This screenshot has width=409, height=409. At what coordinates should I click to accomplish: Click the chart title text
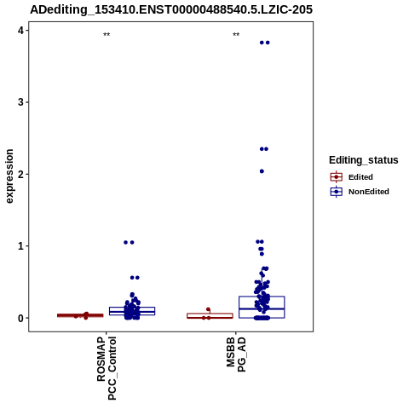[171, 9]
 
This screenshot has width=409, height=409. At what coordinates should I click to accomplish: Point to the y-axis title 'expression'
[9, 176]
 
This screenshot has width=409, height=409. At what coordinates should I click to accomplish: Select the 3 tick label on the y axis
[20, 102]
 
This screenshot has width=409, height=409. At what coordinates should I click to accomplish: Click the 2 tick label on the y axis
[20, 174]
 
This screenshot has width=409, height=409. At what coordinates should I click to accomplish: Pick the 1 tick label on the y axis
[20, 246]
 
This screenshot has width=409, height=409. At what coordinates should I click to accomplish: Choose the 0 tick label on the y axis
[20, 318]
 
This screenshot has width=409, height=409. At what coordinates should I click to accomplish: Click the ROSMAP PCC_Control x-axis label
[107, 368]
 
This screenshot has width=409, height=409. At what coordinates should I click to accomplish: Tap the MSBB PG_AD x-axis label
[236, 354]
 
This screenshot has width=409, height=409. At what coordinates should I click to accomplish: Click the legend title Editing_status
[363, 160]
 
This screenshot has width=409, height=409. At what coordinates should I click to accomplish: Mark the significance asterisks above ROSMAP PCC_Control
[107, 35]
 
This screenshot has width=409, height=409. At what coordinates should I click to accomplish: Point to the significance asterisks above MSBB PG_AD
[236, 35]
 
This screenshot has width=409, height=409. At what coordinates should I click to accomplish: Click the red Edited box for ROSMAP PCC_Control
[80, 315]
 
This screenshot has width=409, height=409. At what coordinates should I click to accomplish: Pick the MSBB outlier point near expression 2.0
[262, 171]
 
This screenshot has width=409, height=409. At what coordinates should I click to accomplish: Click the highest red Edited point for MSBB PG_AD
[208, 309]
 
